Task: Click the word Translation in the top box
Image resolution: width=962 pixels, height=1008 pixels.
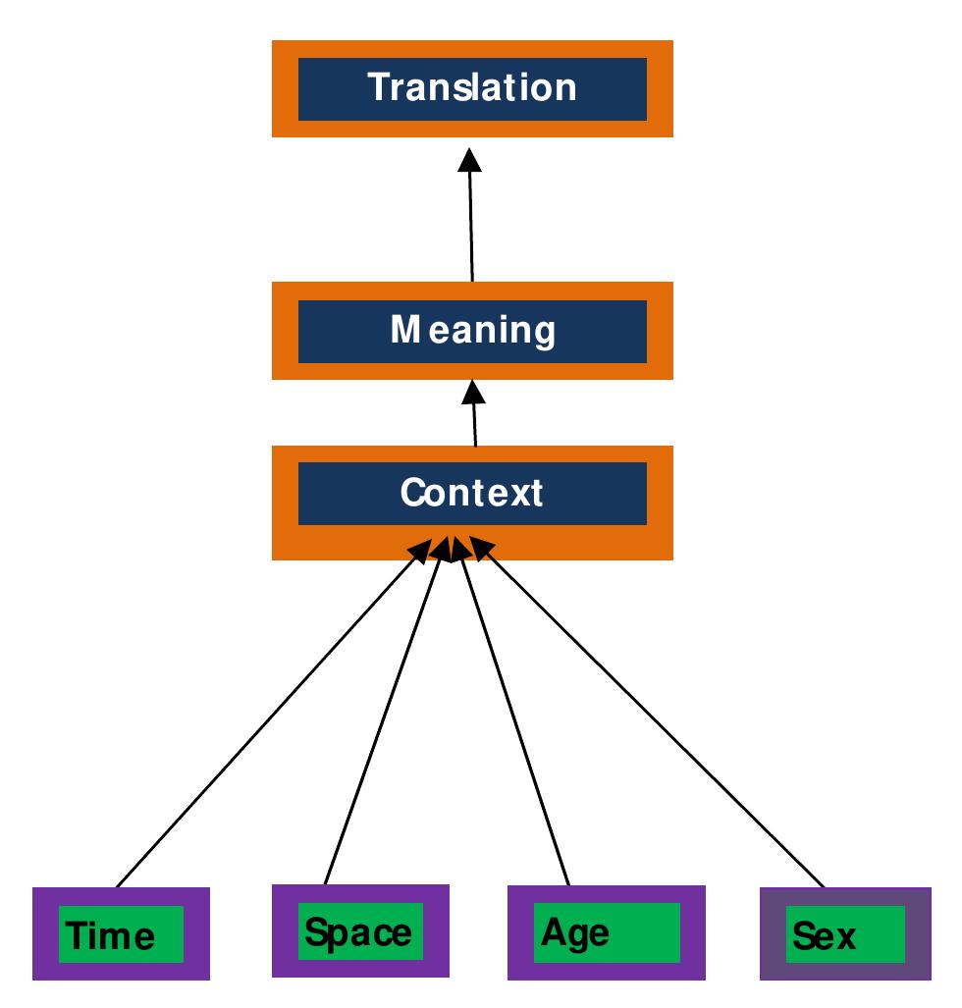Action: pos(472,87)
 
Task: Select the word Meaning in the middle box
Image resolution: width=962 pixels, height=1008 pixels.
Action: pos(472,331)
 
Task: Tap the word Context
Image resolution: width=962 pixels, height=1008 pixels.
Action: pos(471,493)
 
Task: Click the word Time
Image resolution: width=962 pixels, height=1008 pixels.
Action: pos(111,936)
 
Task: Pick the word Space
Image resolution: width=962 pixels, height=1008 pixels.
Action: pos(358,930)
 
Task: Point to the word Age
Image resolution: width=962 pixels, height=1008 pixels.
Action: pos(575,931)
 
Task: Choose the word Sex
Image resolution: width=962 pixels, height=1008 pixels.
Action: pos(825,936)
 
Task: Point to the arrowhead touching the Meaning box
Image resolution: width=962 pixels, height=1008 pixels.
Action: pos(474,392)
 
